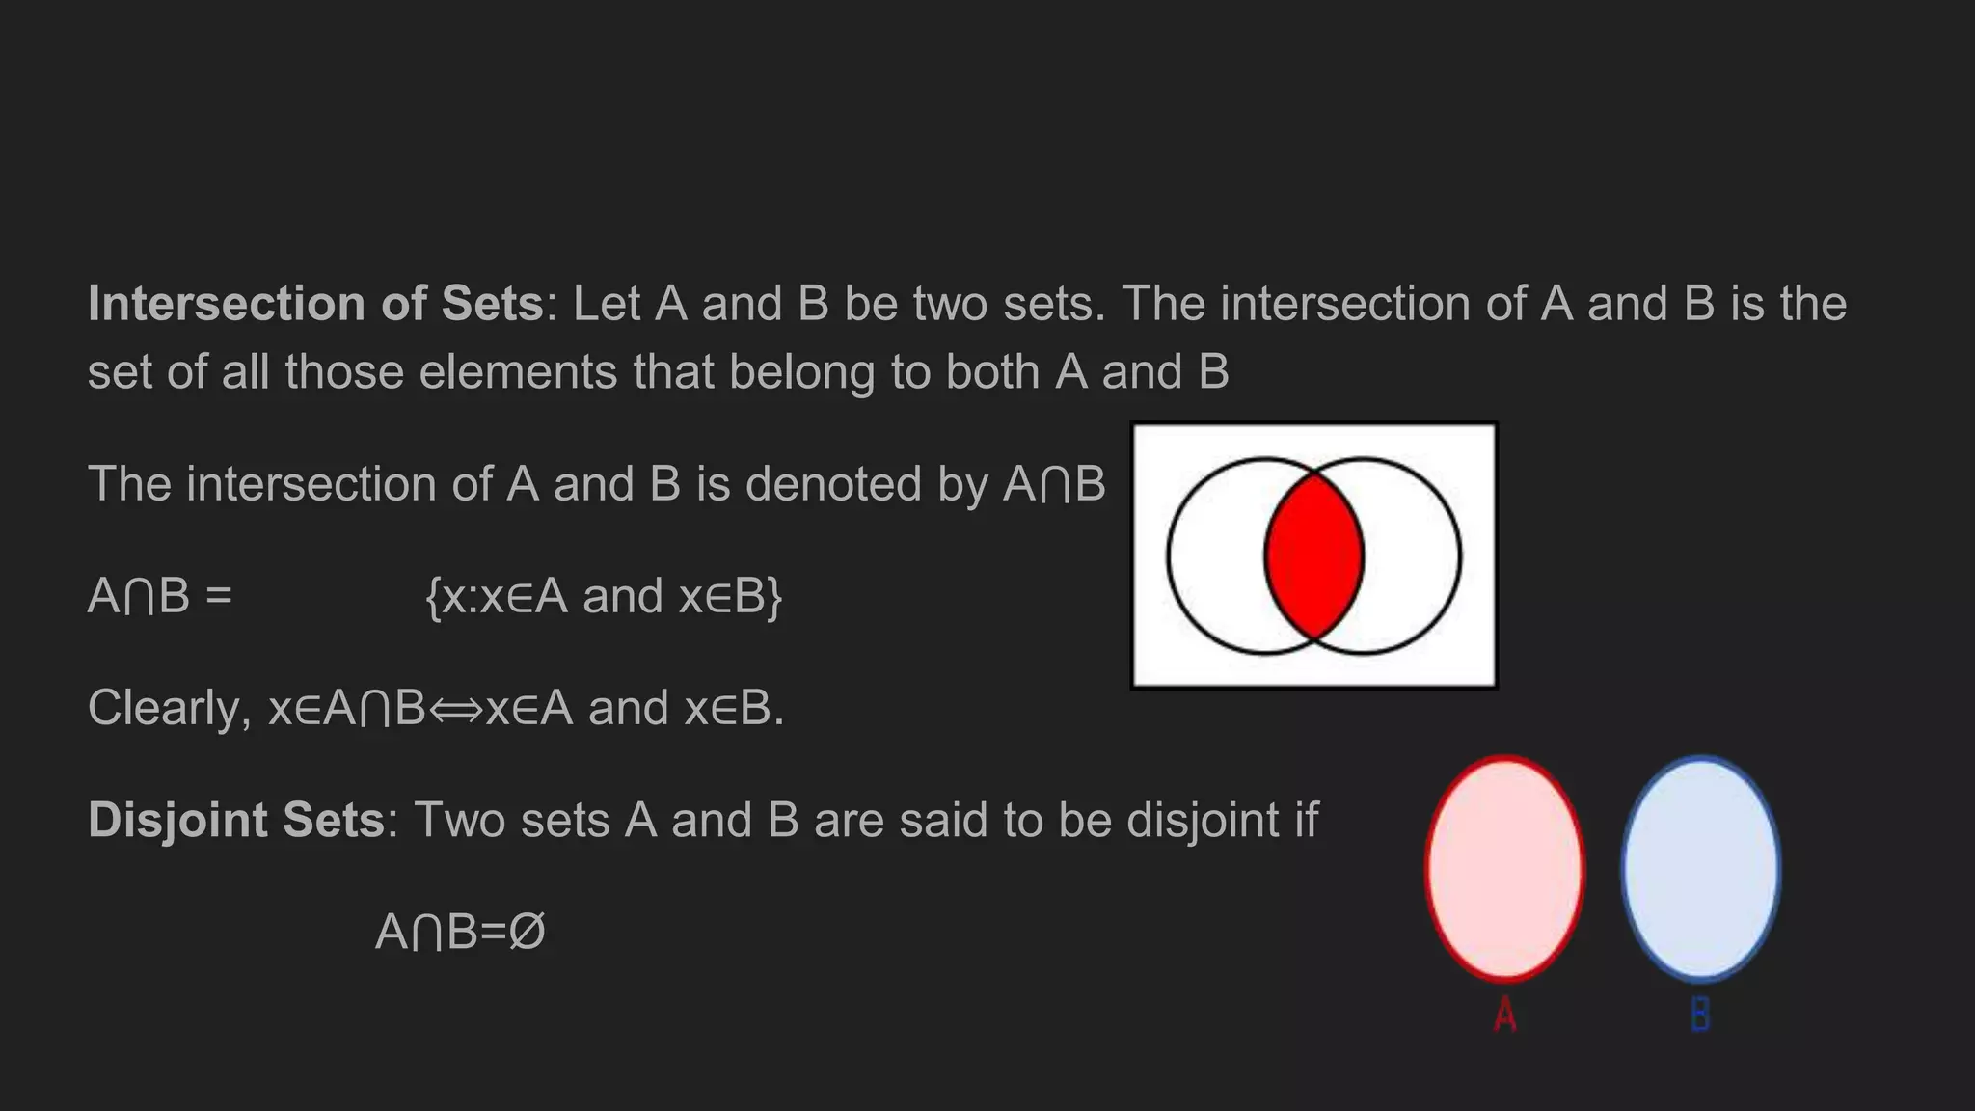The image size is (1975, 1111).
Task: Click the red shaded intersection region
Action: [1313, 556]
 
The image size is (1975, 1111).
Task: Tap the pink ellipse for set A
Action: [1504, 867]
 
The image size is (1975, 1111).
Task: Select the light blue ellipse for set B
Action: [1701, 867]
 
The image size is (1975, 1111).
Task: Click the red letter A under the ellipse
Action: [1505, 1015]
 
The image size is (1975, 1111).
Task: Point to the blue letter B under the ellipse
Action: [1700, 1015]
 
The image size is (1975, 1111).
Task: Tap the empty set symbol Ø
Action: [527, 933]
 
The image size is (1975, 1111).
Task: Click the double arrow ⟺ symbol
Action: [455, 710]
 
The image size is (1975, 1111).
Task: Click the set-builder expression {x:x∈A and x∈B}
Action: [604, 597]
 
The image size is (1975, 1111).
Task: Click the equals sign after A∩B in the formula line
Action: [219, 597]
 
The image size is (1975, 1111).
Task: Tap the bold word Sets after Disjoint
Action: [334, 821]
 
